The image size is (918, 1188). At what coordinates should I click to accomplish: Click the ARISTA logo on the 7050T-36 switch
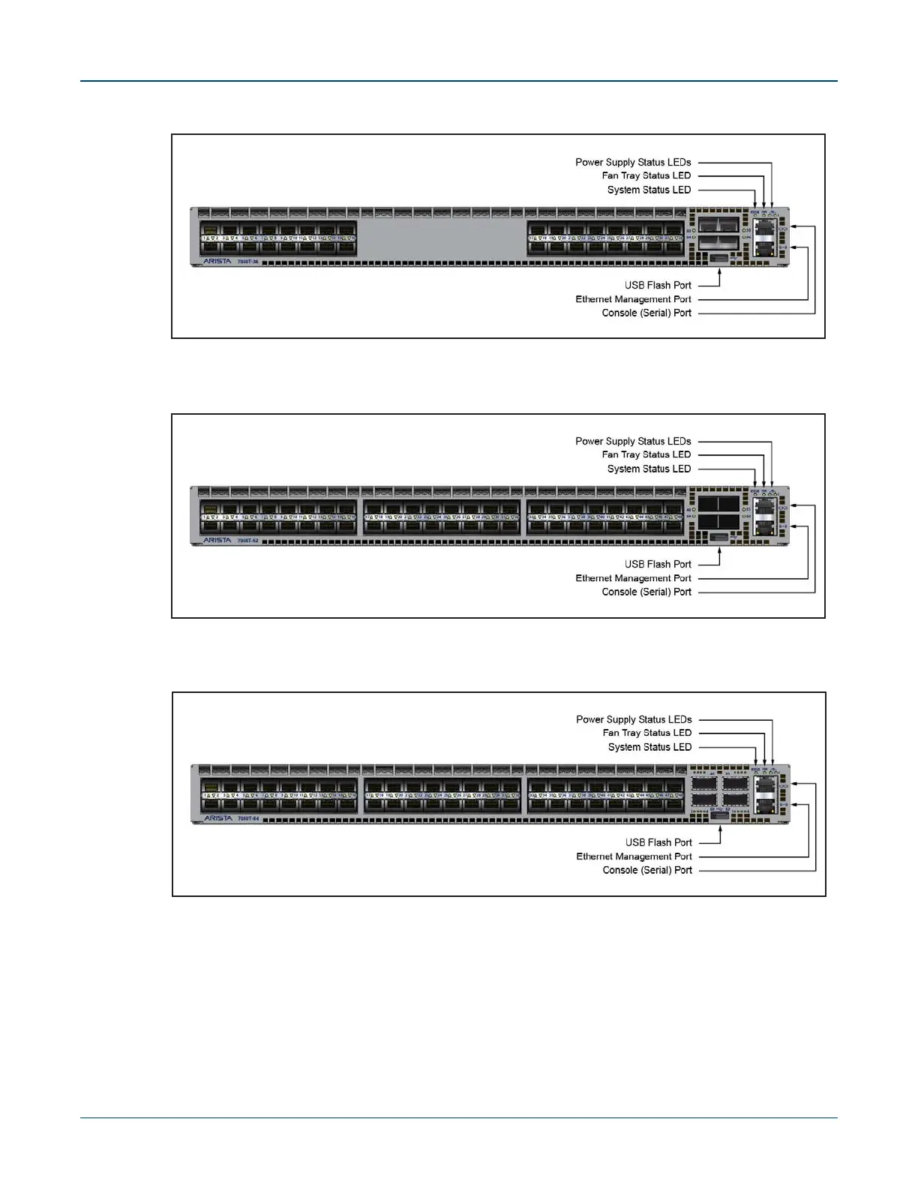tap(217, 262)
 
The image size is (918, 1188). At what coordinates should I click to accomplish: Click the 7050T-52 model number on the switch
tap(248, 541)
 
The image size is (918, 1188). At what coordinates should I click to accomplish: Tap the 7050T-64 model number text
tap(248, 819)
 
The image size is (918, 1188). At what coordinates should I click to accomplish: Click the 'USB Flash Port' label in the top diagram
tap(658, 285)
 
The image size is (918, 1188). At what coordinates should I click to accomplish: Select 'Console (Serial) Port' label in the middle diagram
tap(646, 592)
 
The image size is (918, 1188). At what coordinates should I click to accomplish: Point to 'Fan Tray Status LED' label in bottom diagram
tap(646, 733)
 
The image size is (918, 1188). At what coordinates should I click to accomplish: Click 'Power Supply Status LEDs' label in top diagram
tap(633, 162)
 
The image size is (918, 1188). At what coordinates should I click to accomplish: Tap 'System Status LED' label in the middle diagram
tap(649, 469)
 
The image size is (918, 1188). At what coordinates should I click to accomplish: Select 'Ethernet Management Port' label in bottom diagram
tap(634, 856)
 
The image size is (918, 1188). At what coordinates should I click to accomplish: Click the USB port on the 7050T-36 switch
tap(718, 258)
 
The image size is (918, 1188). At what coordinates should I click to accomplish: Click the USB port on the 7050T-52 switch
tap(718, 537)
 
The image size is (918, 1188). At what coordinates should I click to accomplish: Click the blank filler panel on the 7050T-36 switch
tap(441, 238)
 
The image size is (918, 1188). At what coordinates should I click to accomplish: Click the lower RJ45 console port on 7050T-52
tap(766, 526)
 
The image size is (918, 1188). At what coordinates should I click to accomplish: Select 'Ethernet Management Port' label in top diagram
tap(633, 299)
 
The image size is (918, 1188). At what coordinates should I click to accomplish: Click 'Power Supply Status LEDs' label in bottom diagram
tap(634, 720)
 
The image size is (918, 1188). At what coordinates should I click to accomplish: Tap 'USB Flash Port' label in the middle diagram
tap(658, 565)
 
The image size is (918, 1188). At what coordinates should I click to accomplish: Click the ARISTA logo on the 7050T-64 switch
tap(217, 819)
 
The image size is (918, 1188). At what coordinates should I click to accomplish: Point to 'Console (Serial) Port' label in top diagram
tap(646, 313)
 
